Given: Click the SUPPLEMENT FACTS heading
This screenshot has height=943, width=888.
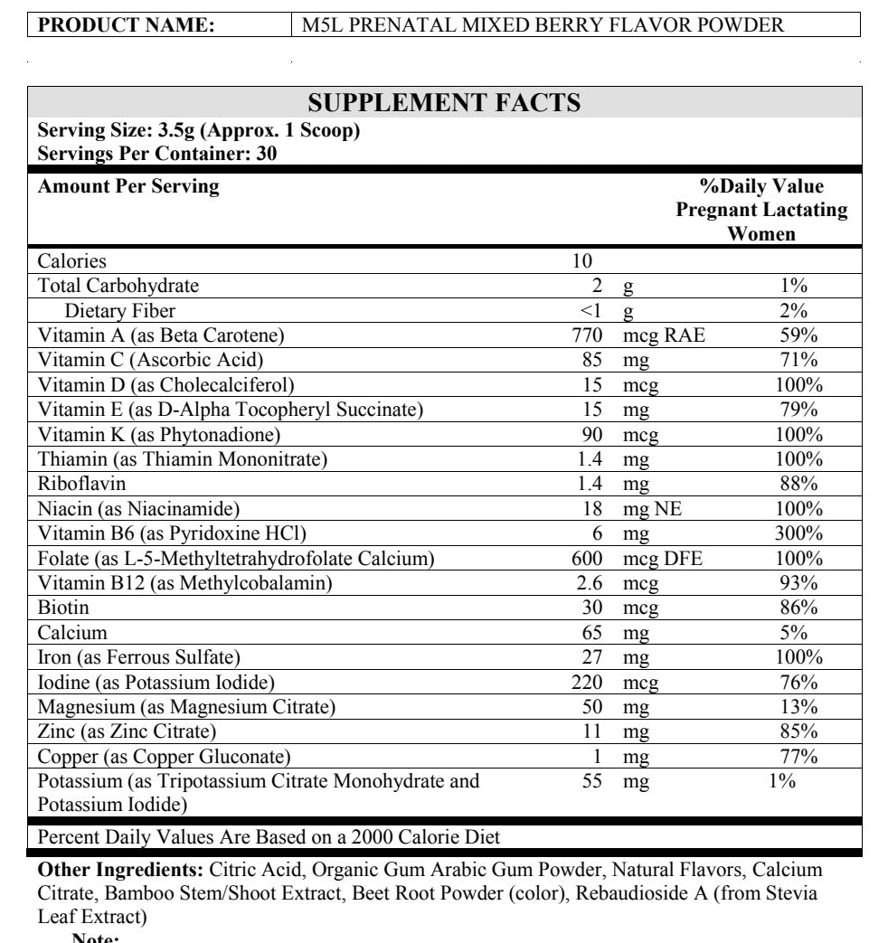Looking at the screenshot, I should coord(444,102).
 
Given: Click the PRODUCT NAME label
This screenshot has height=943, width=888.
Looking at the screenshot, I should coord(127,25).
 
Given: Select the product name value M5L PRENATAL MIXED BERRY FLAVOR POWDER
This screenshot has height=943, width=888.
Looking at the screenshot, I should coord(543,25).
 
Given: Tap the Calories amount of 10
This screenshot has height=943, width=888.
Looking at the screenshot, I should coord(581,261).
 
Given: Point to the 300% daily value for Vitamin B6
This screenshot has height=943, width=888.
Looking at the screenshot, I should coord(798,533).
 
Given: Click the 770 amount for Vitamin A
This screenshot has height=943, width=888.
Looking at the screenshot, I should coord(587,336).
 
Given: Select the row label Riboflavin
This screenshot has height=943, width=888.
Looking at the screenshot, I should coord(81,484).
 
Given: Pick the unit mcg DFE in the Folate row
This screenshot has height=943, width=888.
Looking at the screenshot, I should coord(663,559).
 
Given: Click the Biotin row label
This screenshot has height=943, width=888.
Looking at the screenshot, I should coord(61,608).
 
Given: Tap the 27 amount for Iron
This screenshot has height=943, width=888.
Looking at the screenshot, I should coord(592,657).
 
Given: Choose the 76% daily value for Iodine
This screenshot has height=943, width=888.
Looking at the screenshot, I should coord(798,682).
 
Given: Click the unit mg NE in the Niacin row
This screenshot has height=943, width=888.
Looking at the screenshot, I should coord(652,509).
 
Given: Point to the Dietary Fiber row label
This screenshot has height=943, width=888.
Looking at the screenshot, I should coord(120,311).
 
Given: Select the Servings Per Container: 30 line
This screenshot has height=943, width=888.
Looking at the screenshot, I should coord(157,153).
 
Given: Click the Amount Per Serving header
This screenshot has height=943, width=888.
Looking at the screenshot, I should coord(128,186).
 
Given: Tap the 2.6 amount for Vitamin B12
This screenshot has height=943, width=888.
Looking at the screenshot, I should coord(590,583).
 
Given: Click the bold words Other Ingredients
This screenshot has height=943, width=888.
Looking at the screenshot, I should coord(120,871).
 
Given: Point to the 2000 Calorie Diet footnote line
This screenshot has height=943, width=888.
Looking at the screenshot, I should coord(269,837).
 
